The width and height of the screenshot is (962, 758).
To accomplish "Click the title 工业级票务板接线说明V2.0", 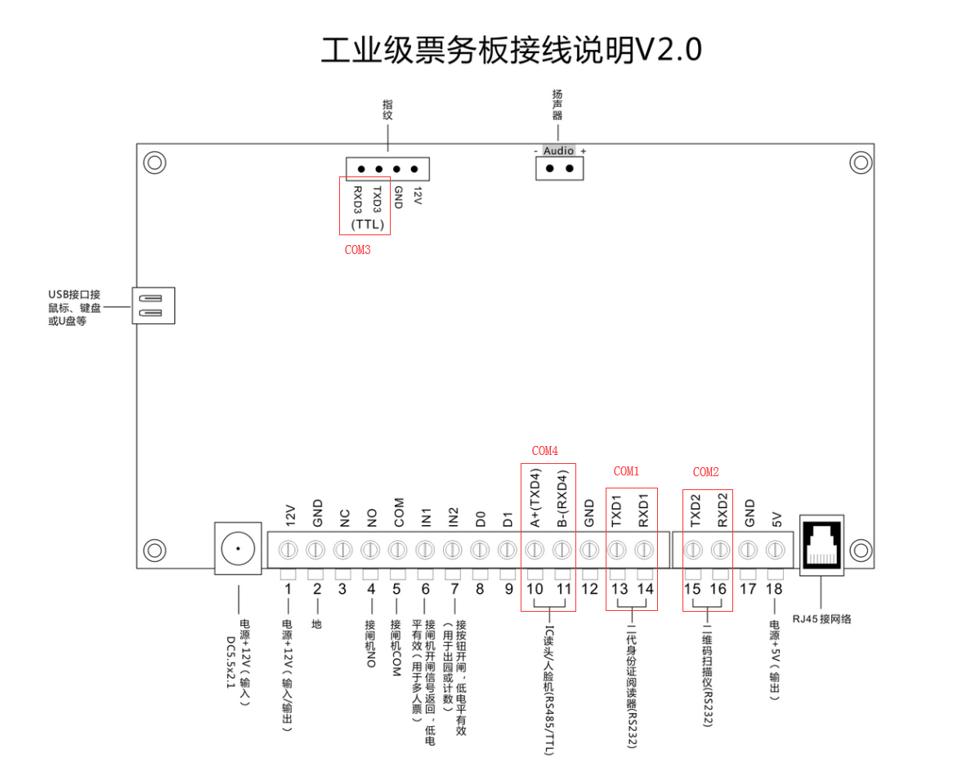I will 511,51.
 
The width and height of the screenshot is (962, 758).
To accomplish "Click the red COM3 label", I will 357,250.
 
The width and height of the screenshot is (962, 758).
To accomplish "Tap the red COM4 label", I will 545,451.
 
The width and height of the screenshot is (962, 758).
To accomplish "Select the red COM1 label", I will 626,471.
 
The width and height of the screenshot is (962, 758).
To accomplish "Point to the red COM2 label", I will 705,472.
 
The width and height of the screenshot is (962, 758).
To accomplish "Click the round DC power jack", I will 238,548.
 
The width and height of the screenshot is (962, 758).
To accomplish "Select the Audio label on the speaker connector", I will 559,151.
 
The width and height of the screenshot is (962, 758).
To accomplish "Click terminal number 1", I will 288,589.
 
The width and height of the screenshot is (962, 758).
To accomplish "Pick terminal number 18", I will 774,589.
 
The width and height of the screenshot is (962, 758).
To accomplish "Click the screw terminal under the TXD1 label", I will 617,550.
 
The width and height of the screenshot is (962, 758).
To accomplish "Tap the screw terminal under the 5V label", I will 774,550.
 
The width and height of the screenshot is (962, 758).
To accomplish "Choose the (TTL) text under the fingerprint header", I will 367,224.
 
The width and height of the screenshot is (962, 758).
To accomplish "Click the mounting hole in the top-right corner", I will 861,162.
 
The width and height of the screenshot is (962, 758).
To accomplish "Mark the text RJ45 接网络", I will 821,618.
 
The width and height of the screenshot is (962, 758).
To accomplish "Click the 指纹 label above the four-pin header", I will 388,109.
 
